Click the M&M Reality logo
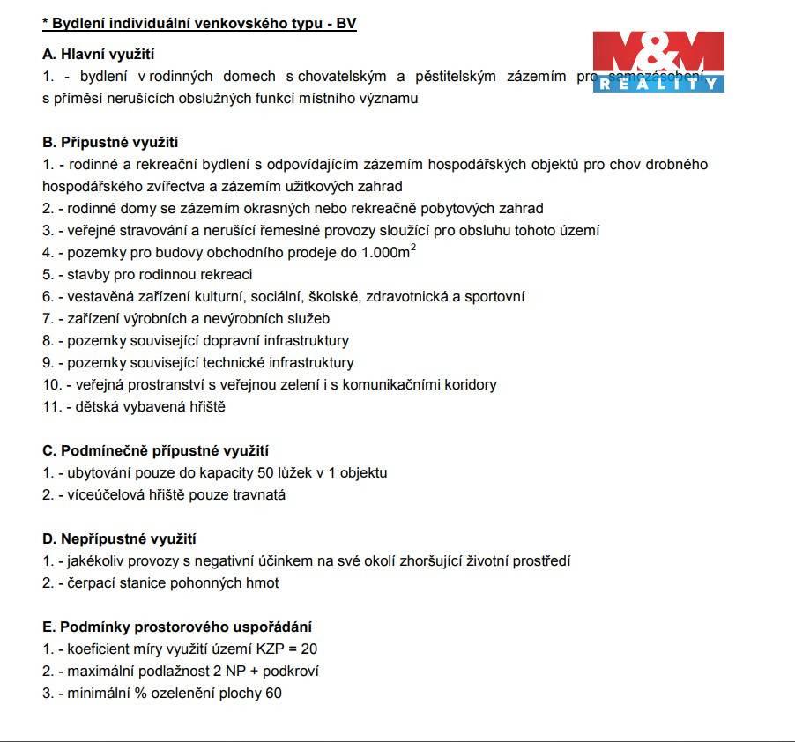tap(658, 61)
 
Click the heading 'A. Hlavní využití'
tap(98, 55)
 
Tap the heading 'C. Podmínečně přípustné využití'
tap(155, 450)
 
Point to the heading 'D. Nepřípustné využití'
tap(119, 538)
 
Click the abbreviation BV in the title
tap(345, 23)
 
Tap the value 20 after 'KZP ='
tap(308, 649)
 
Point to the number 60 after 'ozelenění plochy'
tap(273, 693)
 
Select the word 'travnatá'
tap(259, 494)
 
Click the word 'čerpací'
tap(92, 582)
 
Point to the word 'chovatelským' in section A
tap(338, 77)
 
